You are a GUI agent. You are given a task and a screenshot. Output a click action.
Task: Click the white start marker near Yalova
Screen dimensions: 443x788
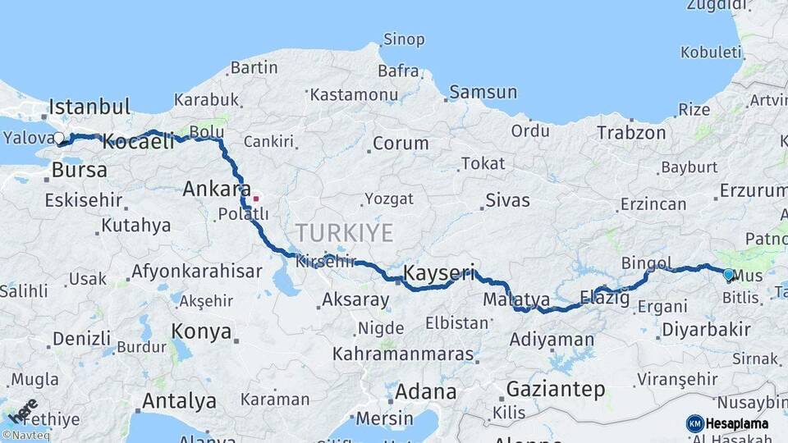58,139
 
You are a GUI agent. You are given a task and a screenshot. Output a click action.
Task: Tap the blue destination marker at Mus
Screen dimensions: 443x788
728,274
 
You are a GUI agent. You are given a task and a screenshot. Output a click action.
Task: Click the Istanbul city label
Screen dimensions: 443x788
89,107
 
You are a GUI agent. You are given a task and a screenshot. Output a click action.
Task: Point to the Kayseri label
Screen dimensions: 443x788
439,272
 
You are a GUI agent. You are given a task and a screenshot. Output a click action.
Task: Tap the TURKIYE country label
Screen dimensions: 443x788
345,232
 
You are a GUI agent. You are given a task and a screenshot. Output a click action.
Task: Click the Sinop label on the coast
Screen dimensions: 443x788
404,39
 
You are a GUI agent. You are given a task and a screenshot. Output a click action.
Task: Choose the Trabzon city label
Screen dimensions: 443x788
631,132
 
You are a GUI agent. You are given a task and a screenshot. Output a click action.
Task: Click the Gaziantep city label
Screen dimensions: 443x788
556,389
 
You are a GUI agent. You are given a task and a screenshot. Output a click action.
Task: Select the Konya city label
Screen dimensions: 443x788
200,331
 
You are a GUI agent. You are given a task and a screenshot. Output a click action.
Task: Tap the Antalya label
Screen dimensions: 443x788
179,401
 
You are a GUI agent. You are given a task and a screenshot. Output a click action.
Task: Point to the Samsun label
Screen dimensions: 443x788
483,92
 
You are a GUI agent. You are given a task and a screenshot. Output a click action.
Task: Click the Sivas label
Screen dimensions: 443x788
507,200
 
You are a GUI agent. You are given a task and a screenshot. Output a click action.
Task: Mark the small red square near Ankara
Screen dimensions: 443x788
255,198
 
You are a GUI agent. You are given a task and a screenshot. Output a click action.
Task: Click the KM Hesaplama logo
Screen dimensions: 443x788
727,423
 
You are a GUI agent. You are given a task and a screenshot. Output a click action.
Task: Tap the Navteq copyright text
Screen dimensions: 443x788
26,436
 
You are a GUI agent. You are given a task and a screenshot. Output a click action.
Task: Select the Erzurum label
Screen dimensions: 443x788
753,190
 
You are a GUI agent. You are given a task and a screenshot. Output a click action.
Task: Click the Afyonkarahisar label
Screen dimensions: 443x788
197,271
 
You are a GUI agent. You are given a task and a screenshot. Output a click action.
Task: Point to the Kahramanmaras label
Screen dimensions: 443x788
403,354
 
